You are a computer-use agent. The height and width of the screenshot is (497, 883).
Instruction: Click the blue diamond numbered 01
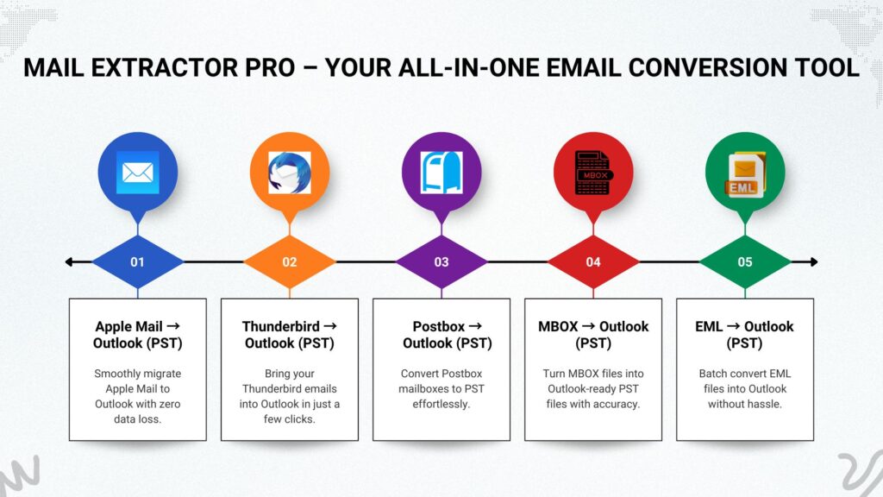coord(137,262)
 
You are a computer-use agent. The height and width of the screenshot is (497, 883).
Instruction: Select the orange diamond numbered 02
coord(290,262)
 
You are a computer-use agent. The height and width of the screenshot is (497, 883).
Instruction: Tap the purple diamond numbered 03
coord(441,262)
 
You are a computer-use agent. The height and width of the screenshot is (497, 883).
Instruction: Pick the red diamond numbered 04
coord(593,262)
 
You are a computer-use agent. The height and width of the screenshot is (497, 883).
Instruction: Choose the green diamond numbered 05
coord(745,262)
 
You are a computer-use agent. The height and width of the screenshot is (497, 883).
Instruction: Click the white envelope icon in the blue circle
coord(137,173)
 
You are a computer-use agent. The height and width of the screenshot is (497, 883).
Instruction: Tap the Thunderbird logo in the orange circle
coord(290,173)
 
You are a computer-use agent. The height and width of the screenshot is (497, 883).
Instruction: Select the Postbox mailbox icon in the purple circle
coord(441,173)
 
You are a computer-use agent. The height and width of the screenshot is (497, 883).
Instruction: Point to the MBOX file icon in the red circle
coord(593,173)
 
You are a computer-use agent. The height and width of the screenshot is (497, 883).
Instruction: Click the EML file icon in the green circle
coord(745,174)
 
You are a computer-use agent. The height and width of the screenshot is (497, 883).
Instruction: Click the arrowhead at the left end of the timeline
coord(69,262)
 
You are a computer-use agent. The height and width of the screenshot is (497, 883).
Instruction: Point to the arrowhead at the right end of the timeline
coord(813,262)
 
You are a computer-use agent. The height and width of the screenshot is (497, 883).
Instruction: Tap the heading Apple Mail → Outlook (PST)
coord(137,335)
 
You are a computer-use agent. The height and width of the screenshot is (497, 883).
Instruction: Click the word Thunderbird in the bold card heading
coord(280,326)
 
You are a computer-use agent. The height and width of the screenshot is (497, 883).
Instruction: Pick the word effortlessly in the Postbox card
coord(441,404)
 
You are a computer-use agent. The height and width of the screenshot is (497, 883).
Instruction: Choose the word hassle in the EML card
coord(765,404)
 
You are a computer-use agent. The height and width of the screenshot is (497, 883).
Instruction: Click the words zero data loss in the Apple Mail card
coord(147,412)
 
